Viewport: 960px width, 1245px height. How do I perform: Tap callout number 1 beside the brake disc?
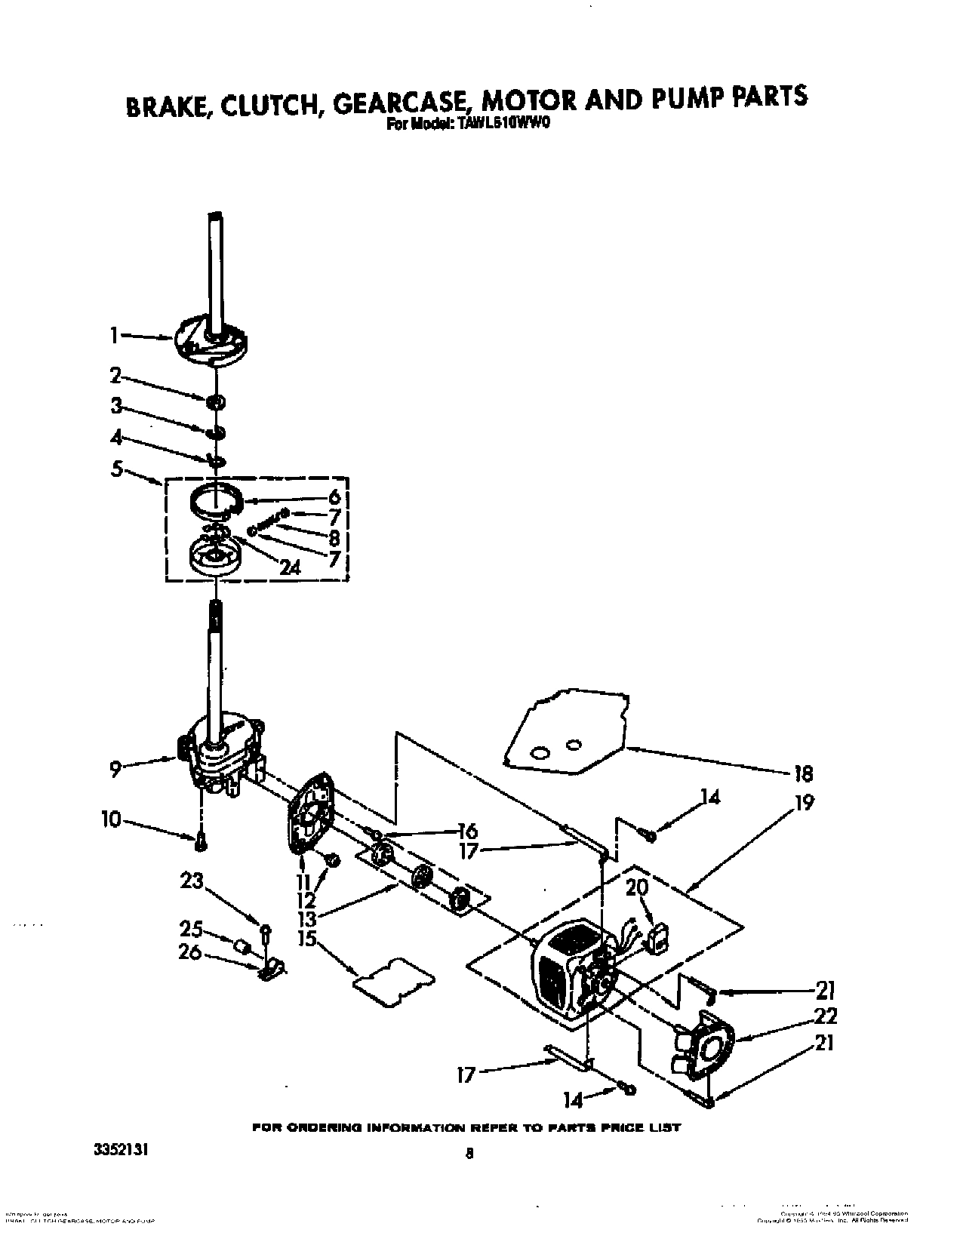point(114,336)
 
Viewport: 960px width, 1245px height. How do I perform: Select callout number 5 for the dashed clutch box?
point(117,469)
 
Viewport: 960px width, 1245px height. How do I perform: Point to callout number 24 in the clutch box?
point(291,568)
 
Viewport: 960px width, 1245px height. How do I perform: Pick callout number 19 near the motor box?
point(805,803)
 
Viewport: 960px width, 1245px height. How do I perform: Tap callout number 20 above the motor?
point(637,888)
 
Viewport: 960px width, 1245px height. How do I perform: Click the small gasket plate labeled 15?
point(395,982)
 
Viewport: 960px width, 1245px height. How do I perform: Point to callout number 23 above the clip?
point(192,881)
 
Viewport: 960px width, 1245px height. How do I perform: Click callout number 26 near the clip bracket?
point(189,953)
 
